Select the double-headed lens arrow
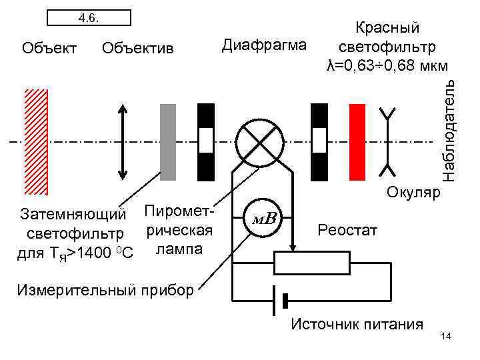point(122,141)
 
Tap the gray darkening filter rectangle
point(169,141)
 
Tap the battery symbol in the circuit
point(281,301)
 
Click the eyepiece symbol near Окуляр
point(387,141)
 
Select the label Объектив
point(137,48)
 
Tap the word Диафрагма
point(264,45)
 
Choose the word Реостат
point(347,230)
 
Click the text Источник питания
point(357,325)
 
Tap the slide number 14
point(446,337)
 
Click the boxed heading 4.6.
point(89,19)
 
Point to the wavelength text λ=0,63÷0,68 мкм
point(387,65)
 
